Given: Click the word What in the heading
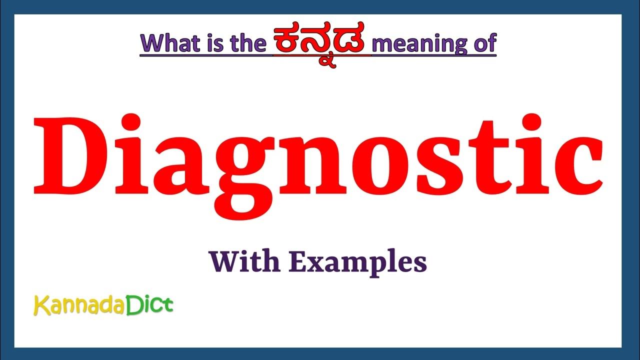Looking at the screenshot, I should (171, 43).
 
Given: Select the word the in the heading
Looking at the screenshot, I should (249, 43).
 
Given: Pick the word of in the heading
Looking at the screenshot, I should (483, 43).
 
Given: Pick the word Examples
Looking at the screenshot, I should (358, 262).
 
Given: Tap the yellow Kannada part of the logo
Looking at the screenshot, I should (78, 305).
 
